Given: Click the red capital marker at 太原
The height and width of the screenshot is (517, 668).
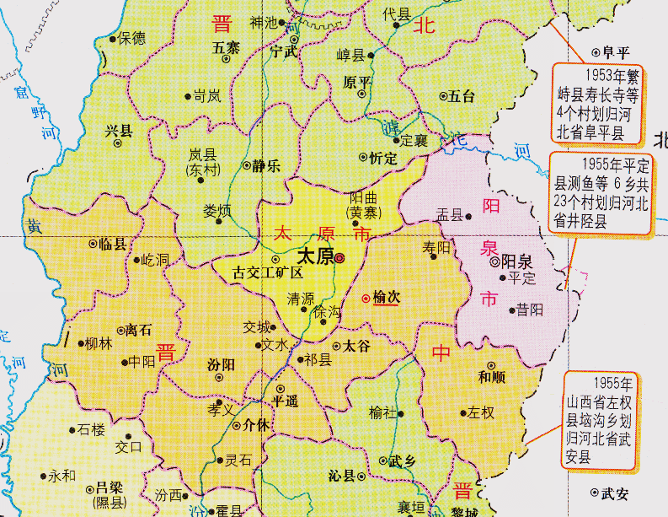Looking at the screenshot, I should (339, 259).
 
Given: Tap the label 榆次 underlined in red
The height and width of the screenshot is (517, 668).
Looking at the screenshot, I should (387, 299).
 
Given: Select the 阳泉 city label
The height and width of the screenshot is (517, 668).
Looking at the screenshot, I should (516, 261).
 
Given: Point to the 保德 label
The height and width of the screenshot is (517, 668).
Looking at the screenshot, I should (131, 38).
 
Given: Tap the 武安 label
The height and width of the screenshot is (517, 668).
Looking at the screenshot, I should (615, 493).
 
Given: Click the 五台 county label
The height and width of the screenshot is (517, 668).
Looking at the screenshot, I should (462, 96).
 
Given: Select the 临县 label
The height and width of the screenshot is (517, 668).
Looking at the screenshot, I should (112, 244).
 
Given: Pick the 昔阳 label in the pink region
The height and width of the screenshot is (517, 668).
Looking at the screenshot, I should (530, 310).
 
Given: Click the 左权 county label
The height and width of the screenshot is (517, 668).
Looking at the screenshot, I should (481, 412).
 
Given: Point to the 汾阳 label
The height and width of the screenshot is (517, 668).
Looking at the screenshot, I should (221, 365).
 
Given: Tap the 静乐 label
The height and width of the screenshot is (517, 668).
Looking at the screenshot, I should (265, 166).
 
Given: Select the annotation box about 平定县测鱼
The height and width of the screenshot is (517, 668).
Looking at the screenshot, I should (601, 192).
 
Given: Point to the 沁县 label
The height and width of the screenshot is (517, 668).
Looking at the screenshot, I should (342, 476).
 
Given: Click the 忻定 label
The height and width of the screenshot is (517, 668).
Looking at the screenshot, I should (382, 157).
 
